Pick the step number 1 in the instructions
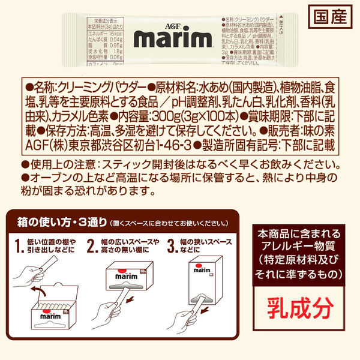(20, 245)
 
